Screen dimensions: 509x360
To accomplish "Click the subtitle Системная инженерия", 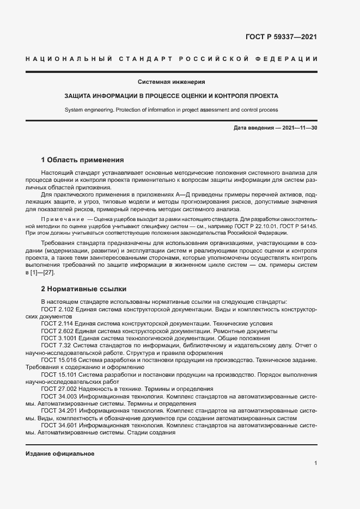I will tap(171, 82).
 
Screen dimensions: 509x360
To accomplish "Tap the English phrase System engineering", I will tap(89, 109).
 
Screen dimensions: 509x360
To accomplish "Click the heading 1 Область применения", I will tap(83, 160).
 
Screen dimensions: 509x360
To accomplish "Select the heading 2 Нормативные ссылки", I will tap(84, 289).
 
